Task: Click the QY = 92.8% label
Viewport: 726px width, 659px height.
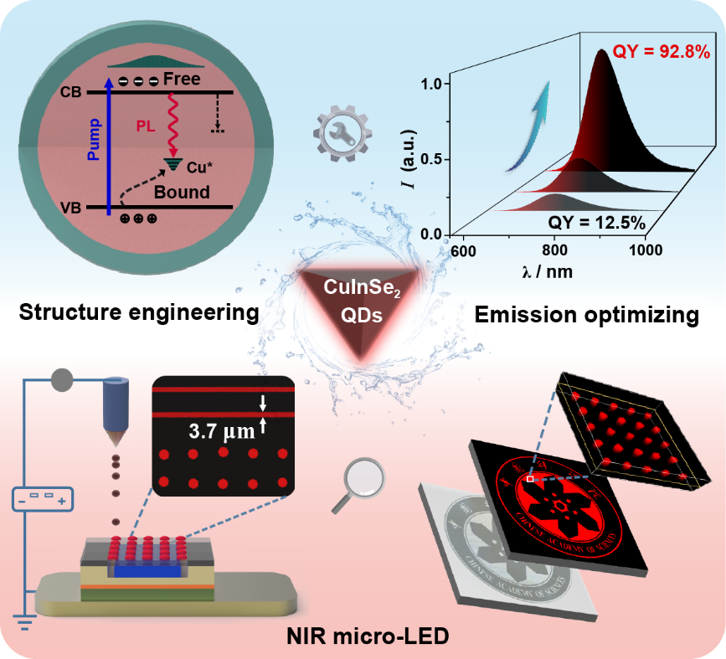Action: point(662,51)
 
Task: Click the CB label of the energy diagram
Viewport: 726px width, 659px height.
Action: point(72,92)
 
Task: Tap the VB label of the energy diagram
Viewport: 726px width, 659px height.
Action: point(71,207)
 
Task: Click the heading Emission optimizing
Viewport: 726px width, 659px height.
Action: point(585,315)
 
